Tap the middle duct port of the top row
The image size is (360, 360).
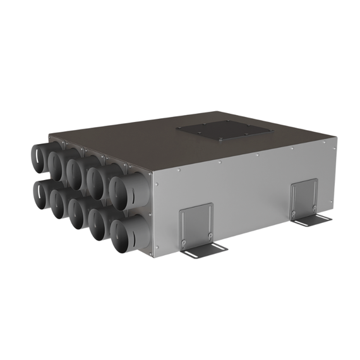[x=75, y=172]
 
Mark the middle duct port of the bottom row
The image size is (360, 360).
[x=77, y=213]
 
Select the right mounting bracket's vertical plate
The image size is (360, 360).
[x=305, y=197]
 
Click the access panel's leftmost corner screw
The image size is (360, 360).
[x=179, y=129]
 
